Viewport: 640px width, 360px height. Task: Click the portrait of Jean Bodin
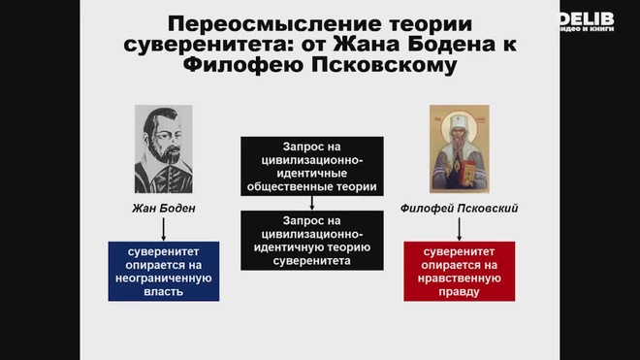click(163, 148)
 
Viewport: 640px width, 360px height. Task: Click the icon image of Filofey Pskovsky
click(460, 148)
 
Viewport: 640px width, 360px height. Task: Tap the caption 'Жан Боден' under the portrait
click(164, 208)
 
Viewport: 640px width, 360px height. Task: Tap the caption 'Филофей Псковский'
click(460, 208)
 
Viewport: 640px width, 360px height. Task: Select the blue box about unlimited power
click(163, 270)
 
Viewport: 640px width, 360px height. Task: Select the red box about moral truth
click(460, 270)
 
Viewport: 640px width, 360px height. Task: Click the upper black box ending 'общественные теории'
click(311, 166)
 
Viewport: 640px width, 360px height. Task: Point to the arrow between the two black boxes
click(311, 203)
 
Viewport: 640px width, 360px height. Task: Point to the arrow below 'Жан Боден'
click(163, 228)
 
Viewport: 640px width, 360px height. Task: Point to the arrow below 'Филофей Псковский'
click(460, 228)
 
